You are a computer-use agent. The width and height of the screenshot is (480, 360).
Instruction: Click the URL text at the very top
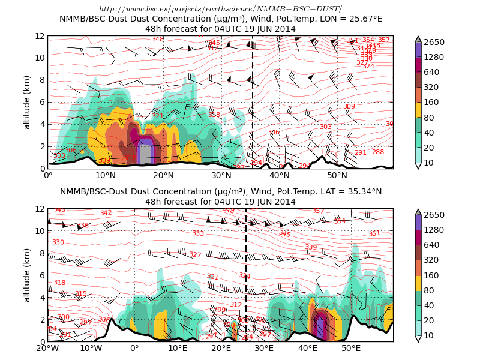[220, 9]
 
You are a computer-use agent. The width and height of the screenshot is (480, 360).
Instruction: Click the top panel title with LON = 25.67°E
[220, 19]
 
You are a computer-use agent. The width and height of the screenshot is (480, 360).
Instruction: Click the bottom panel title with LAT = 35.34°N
[220, 191]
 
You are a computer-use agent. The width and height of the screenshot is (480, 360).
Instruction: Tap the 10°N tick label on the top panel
[106, 175]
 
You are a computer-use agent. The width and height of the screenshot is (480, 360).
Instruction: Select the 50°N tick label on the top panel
[337, 175]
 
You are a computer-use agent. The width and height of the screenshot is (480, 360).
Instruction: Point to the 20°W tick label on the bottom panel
[48, 348]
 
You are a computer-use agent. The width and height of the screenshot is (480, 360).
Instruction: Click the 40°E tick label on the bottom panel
[308, 348]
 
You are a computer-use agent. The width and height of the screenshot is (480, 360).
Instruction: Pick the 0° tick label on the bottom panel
[134, 348]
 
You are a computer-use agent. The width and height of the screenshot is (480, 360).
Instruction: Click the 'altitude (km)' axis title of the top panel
[27, 102]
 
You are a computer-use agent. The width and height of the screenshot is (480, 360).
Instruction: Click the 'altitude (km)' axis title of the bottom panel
[27, 275]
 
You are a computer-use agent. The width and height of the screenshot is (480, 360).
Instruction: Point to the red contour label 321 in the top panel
[157, 116]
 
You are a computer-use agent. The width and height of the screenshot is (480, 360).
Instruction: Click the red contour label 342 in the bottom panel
[106, 213]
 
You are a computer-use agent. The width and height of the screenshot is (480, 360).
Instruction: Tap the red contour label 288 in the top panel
[378, 152]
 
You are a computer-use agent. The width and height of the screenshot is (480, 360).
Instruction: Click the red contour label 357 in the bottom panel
[318, 211]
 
